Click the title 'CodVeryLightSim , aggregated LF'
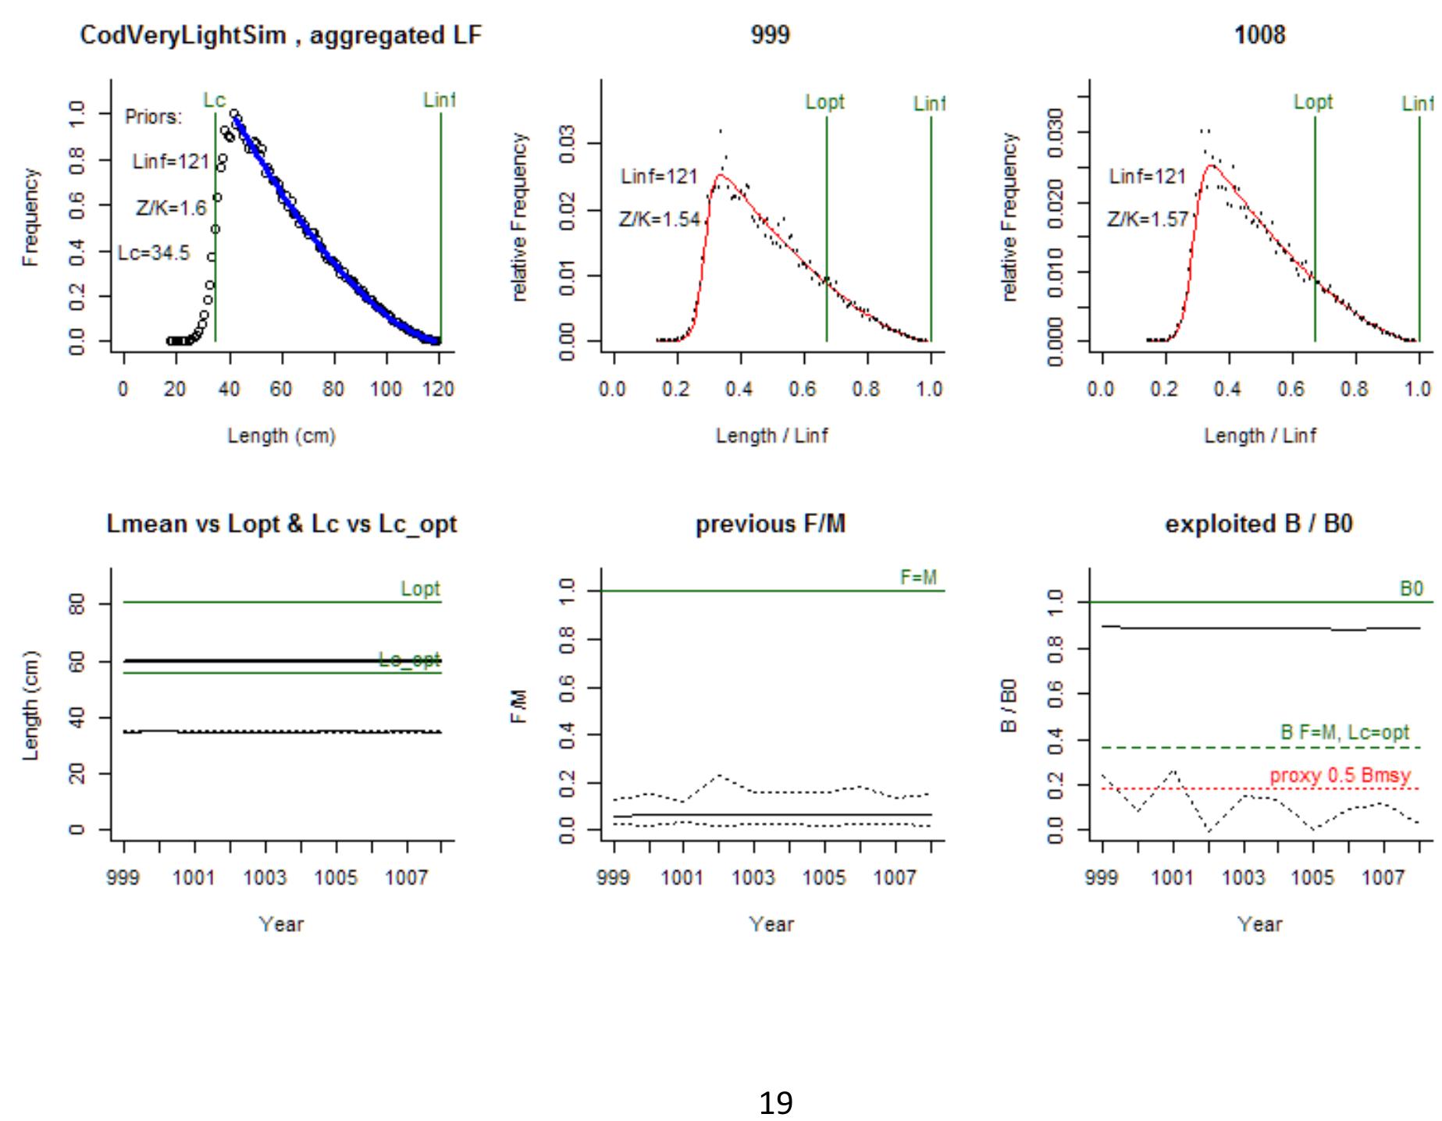[281, 36]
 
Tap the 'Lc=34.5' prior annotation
[154, 253]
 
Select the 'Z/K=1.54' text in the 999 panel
[660, 219]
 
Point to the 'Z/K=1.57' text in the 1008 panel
[1147, 219]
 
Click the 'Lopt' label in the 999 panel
[824, 102]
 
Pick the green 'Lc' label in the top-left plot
[214, 100]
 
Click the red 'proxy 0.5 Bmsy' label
[1340, 776]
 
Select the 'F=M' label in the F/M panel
[918, 578]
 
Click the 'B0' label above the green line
[1412, 589]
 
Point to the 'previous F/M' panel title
[771, 524]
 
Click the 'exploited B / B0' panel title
[1259, 524]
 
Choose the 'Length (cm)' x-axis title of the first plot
[281, 436]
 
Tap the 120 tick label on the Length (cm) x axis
[438, 389]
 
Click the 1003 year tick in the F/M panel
[753, 878]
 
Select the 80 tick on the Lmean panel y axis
[76, 603]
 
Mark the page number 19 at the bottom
[775, 1103]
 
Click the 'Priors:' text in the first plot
[153, 117]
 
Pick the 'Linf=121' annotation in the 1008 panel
[1147, 176]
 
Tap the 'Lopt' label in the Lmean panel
[420, 589]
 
